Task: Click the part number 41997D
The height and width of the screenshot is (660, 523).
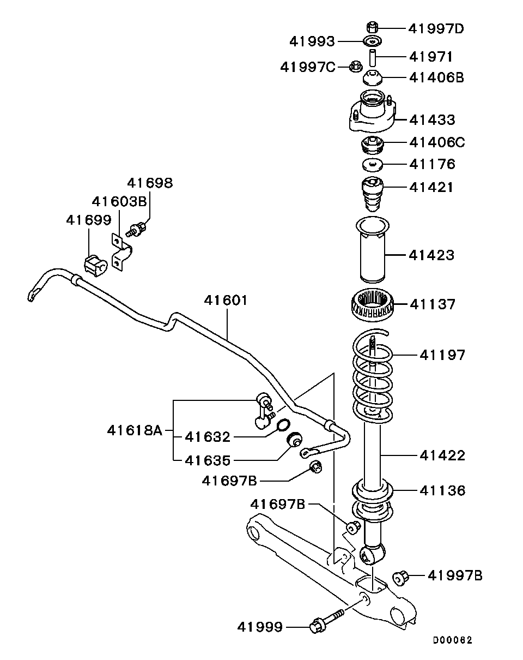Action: (x=435, y=28)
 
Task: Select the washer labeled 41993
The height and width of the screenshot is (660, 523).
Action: (x=373, y=41)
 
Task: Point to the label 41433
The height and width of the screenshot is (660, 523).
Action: (x=432, y=119)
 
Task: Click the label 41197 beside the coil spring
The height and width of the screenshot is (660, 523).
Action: (x=442, y=356)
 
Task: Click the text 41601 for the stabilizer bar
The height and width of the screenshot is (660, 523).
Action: (x=226, y=300)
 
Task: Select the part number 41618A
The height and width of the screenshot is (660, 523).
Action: (x=135, y=431)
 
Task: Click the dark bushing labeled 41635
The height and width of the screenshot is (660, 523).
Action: (x=294, y=439)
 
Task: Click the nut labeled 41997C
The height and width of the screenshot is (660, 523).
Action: (x=355, y=67)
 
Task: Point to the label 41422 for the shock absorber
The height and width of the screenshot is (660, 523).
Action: (x=442, y=455)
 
